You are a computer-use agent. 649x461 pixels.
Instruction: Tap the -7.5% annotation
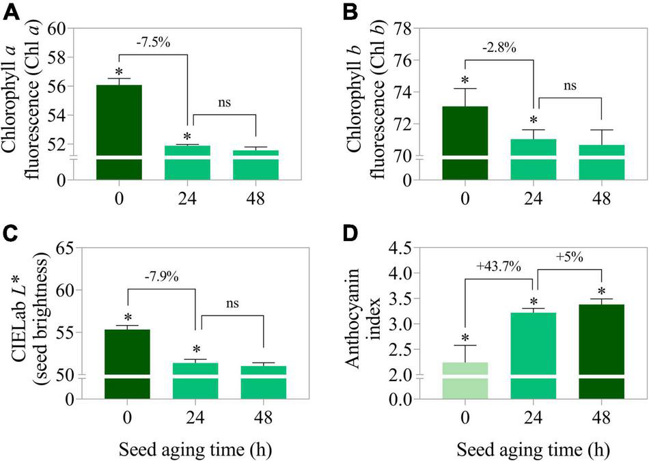pyautogui.click(x=152, y=42)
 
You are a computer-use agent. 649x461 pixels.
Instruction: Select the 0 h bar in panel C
pyautogui.click(x=127, y=362)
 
